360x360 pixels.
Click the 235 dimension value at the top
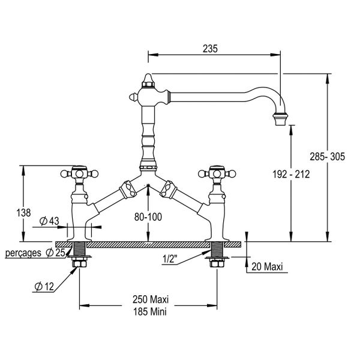(x=210, y=49)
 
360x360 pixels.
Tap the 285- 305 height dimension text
(x=328, y=157)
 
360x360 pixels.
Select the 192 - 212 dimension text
(x=291, y=174)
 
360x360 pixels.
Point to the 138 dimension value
(x=23, y=212)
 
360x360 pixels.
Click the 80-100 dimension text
(x=148, y=217)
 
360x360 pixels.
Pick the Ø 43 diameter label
(x=49, y=221)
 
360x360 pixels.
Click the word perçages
(x=23, y=253)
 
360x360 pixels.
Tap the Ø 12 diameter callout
(x=44, y=286)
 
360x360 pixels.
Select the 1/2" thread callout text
(x=170, y=259)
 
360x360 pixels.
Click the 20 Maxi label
(x=267, y=267)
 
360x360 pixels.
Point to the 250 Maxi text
(x=151, y=299)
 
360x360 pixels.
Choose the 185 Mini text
(x=150, y=312)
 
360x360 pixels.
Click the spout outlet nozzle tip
(x=280, y=119)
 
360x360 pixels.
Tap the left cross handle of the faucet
(x=79, y=173)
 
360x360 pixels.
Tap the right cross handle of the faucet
(x=217, y=173)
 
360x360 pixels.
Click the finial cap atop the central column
(x=148, y=80)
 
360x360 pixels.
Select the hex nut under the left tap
(x=79, y=264)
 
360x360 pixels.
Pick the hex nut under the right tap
(x=217, y=264)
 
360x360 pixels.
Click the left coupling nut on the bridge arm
(x=128, y=190)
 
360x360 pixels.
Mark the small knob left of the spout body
(x=133, y=97)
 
